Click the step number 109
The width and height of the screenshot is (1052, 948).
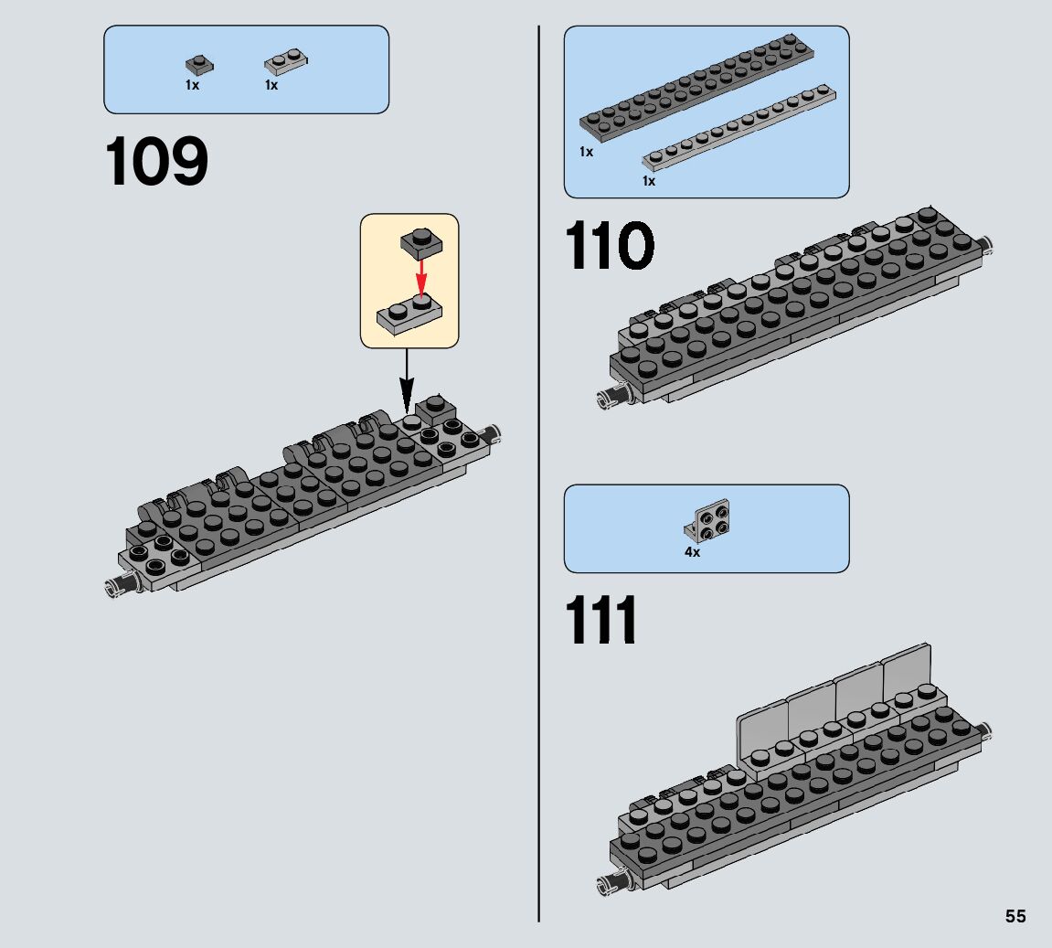(x=157, y=163)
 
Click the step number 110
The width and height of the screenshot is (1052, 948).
(x=610, y=247)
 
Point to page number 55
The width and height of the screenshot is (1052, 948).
(x=1015, y=917)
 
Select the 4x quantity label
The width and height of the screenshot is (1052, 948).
(x=692, y=552)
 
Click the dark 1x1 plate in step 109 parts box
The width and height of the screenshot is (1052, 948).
(x=198, y=65)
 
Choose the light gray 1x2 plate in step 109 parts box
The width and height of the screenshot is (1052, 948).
(x=285, y=62)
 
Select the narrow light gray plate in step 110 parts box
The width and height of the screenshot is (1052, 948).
(x=740, y=128)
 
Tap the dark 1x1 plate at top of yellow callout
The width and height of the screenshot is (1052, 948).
(x=420, y=241)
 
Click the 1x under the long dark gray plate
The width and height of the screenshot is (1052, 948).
(x=586, y=152)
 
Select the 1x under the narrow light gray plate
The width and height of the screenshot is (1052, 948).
(x=648, y=181)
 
